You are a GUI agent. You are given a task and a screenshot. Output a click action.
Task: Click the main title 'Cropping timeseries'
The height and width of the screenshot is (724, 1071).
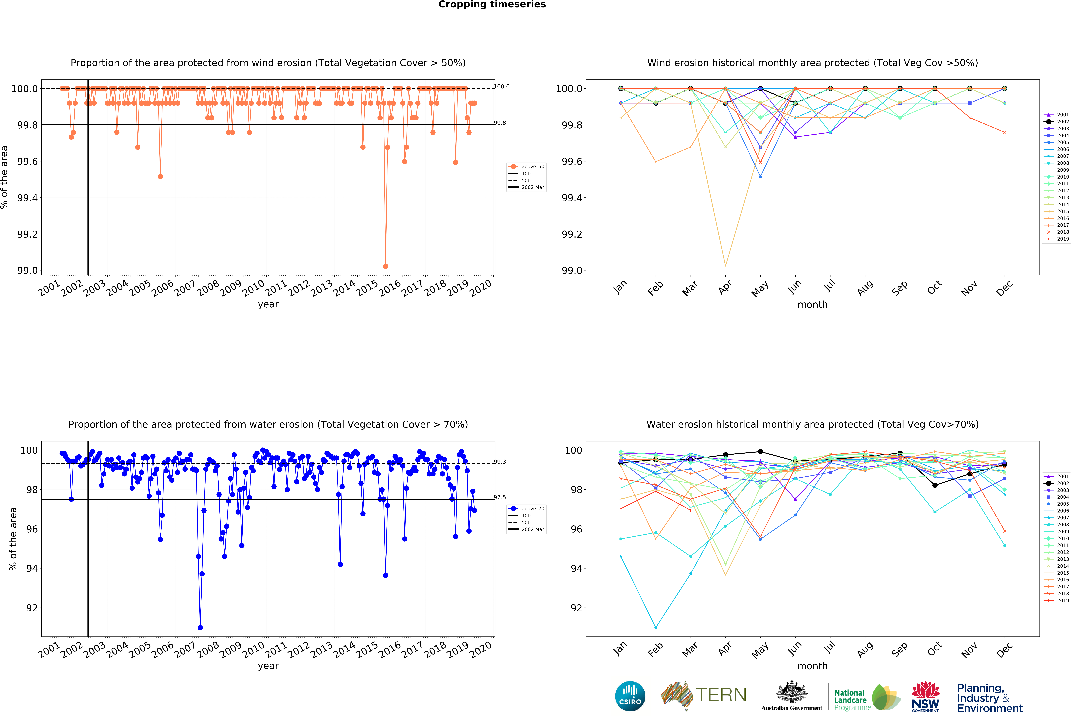[492, 5]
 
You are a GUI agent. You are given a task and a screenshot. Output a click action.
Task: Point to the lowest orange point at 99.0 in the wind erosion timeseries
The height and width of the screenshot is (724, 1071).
[385, 266]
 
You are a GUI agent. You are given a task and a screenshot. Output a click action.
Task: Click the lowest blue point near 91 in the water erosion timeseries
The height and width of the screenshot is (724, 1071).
[200, 628]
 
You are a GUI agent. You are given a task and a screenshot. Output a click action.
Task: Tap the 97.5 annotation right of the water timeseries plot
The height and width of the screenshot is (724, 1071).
[500, 497]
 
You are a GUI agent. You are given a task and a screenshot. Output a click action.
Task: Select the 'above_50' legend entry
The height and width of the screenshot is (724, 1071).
[532, 167]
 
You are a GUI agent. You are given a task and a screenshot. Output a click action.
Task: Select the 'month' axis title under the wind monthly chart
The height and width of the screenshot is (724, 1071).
[812, 304]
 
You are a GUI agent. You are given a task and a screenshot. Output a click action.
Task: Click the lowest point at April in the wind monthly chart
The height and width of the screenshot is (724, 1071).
[725, 266]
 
